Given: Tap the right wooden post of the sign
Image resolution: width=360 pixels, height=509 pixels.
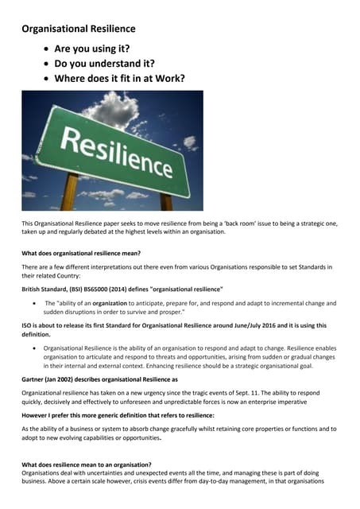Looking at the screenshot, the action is coord(167,196).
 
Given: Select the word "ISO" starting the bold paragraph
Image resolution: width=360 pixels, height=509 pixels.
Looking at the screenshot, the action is coord(27,325).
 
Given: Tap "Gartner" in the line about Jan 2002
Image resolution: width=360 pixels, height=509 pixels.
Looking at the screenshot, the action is coord(36,379).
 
